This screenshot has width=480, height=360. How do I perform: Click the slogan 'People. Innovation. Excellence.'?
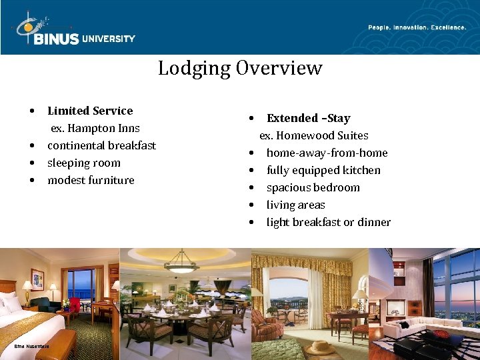417,27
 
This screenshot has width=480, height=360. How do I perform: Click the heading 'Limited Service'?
90,111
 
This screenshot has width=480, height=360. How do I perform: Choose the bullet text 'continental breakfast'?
101,145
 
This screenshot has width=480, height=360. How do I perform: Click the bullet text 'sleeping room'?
84,163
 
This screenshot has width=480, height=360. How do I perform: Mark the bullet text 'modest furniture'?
91,180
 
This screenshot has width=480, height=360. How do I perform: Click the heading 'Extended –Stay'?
308,118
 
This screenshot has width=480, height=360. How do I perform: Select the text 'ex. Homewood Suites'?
314,135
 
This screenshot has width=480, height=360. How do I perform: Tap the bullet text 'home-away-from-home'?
327,153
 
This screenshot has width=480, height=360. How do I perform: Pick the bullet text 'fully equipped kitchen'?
323,170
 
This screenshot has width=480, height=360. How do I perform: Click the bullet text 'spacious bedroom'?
313,187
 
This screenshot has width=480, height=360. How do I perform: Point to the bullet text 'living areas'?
295,205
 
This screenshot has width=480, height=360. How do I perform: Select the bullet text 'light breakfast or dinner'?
329,222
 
